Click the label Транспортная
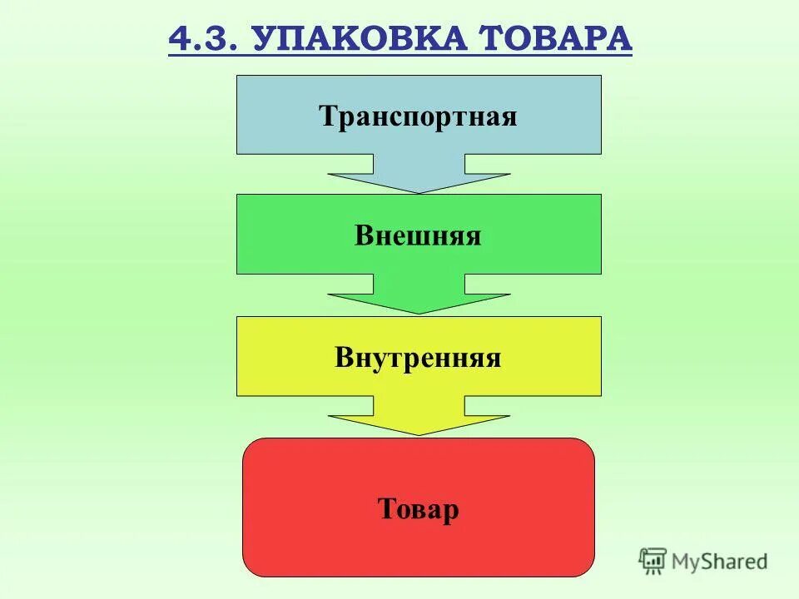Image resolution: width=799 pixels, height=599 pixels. (418, 116)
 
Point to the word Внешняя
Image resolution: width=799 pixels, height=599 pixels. (418, 235)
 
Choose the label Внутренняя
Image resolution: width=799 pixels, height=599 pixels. (418, 358)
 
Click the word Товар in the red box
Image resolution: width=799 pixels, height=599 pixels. (418, 508)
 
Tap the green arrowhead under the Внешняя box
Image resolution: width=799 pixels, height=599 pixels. (419, 302)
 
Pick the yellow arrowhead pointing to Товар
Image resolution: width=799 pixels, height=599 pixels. (419, 423)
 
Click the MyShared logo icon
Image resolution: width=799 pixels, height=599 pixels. (653, 562)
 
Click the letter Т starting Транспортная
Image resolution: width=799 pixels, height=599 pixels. (326, 116)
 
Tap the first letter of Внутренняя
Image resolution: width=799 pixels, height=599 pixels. (344, 358)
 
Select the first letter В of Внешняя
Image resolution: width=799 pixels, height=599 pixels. (363, 235)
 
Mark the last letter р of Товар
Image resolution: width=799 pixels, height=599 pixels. (450, 510)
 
